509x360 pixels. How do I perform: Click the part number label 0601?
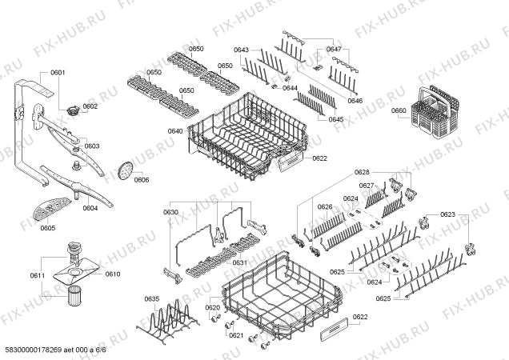coord(58,73)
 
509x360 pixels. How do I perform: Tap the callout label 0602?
coord(90,106)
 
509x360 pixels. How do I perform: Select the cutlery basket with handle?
coord(435,110)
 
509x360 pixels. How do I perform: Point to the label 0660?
coord(399,110)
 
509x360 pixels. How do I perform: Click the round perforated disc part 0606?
coord(126,170)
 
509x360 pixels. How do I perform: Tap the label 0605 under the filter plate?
coord(48,228)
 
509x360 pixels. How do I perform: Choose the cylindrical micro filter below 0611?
coord(74,295)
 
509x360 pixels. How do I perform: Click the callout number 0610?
coord(113,274)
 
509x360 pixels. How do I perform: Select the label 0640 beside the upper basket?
coord(175,131)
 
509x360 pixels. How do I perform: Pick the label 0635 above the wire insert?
coord(151,299)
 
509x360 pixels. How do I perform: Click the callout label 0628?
coord(362,172)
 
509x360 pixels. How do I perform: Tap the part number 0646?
coord(355,101)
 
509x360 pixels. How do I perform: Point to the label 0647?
coord(334,50)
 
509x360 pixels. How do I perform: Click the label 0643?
coord(241,50)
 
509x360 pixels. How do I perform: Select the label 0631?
coord(240,263)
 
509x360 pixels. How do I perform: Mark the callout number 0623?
coord(447,214)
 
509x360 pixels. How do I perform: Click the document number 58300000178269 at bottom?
coord(34,350)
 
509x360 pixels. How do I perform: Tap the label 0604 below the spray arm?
coord(90,208)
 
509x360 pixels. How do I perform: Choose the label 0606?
coord(142,180)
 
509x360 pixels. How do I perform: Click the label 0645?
coord(336,119)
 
